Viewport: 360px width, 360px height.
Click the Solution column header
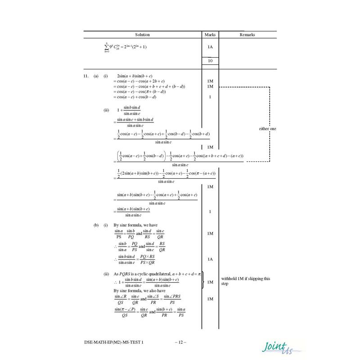(x=142, y=35)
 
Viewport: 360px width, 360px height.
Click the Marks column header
(x=210, y=35)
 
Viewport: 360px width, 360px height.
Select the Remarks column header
(x=247, y=35)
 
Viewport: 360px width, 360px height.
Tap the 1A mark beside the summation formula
(x=210, y=47)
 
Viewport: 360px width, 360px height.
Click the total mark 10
(x=210, y=61)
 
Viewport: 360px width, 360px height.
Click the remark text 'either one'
(x=267, y=129)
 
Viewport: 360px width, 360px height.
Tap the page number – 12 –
(x=180, y=343)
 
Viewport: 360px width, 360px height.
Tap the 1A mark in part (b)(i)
(x=210, y=259)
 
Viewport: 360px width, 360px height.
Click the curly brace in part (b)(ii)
(x=204, y=281)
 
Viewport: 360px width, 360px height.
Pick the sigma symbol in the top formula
(x=106, y=47)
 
